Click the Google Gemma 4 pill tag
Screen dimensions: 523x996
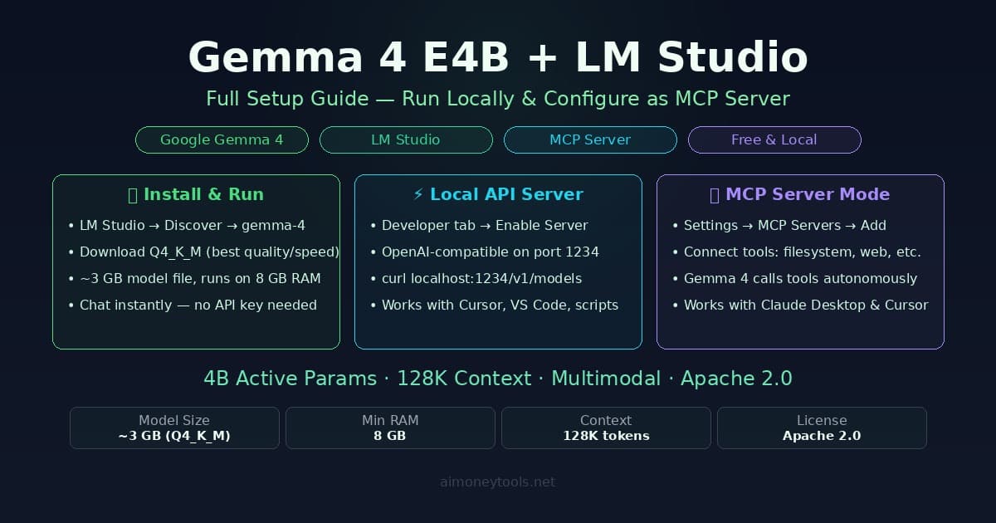coord(222,139)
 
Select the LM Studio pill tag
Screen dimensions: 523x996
coord(406,139)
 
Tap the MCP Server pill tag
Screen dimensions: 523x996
coord(590,139)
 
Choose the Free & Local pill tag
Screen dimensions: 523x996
coord(774,139)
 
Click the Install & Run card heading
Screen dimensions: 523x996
coord(196,194)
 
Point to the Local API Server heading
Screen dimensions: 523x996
coord(498,194)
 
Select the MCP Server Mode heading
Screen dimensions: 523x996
coord(800,194)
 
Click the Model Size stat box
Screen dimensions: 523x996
coord(174,428)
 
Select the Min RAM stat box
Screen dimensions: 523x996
coord(390,428)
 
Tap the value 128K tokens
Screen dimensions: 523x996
coord(606,436)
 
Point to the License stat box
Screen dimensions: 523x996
coord(822,428)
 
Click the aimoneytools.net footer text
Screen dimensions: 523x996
coord(498,481)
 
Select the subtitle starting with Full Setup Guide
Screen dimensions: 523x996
coord(498,99)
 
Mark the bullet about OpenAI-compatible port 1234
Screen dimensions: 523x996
coord(490,252)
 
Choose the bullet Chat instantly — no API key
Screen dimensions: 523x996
coord(198,305)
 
